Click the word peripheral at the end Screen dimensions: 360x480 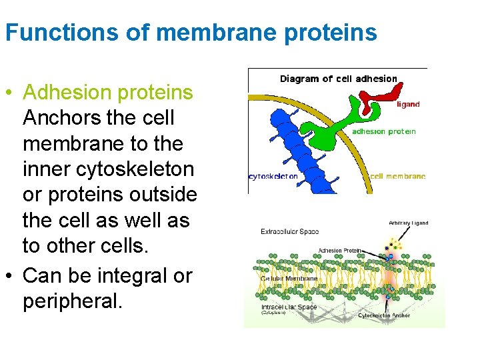point(72,301)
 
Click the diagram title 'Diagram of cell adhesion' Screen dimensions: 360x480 point(338,79)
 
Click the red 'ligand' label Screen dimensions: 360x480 point(408,105)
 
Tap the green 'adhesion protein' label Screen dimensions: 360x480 point(383,131)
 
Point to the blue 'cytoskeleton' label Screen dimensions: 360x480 point(273,177)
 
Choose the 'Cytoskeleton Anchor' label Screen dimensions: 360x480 point(384,315)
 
